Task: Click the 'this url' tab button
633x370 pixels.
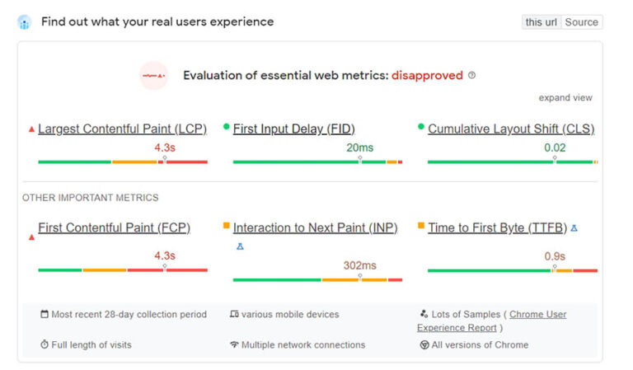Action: coord(541,22)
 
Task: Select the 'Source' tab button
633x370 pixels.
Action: coord(581,22)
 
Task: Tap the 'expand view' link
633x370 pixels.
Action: coord(565,98)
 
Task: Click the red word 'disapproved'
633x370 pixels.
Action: coord(427,76)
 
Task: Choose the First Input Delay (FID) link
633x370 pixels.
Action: coord(293,129)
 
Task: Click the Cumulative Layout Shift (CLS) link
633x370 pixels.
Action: coord(510,129)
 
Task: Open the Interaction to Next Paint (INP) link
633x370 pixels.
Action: coord(315,228)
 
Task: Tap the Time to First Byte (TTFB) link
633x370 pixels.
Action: coord(497,228)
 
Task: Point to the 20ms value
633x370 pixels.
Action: coord(359,148)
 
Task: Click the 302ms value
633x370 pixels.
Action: coord(359,265)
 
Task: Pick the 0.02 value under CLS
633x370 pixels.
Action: coord(555,148)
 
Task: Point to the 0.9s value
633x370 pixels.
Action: coord(555,256)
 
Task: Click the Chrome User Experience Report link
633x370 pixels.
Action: coord(537,315)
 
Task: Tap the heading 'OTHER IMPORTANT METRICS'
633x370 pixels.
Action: coord(91,198)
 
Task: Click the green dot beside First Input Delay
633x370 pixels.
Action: coord(227,127)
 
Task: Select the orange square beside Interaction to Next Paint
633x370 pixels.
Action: coord(227,226)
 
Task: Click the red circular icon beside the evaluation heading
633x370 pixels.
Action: coord(154,76)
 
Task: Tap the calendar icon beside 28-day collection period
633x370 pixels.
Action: coord(45,314)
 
